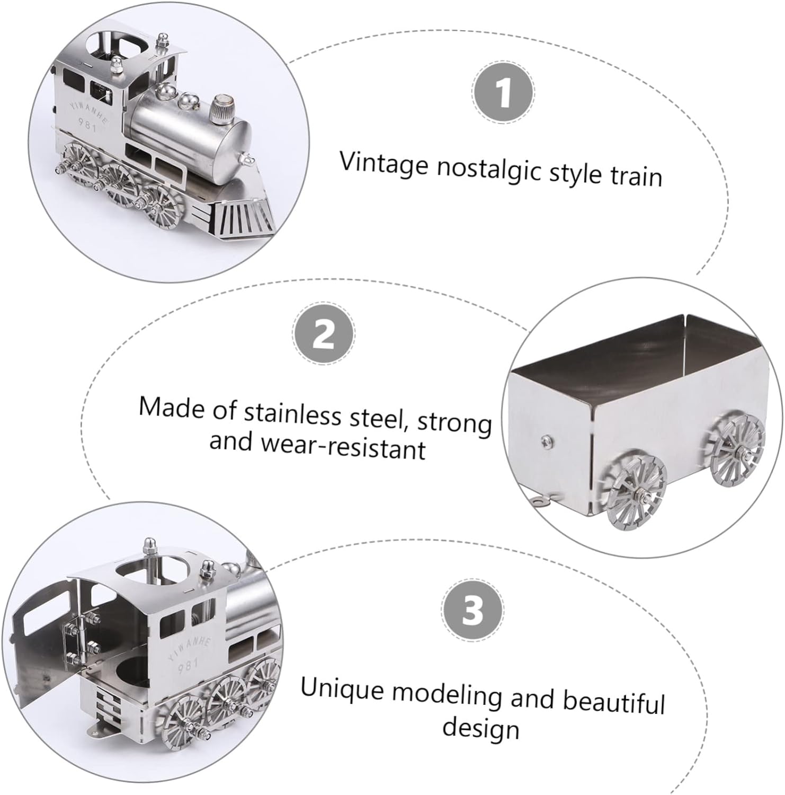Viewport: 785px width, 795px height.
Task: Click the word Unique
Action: pyautogui.click(x=342, y=690)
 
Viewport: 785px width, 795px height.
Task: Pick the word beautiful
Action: pyautogui.click(x=613, y=702)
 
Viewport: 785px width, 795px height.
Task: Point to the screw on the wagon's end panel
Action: pyautogui.click(x=546, y=439)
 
